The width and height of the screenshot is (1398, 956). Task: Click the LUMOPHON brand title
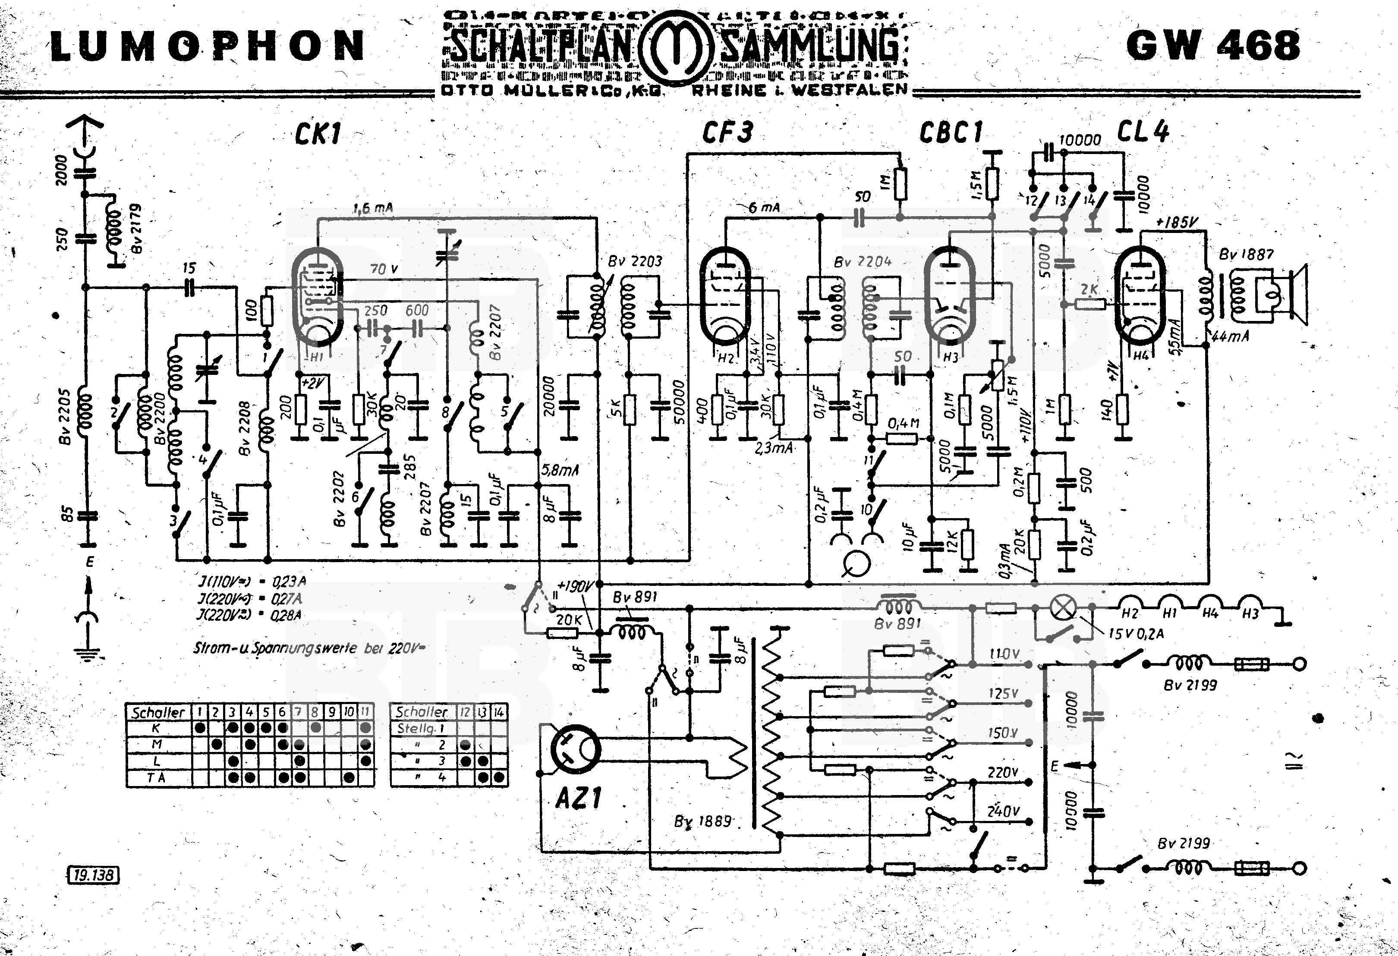tap(208, 46)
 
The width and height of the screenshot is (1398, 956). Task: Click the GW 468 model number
tap(1213, 45)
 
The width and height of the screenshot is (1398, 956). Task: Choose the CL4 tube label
tap(1143, 132)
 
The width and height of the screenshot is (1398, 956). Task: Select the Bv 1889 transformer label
tap(702, 821)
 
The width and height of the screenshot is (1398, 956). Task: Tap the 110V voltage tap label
tap(1003, 654)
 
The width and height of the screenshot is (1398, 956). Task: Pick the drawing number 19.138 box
tap(94, 875)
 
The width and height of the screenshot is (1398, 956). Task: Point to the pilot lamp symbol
tap(1064, 608)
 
